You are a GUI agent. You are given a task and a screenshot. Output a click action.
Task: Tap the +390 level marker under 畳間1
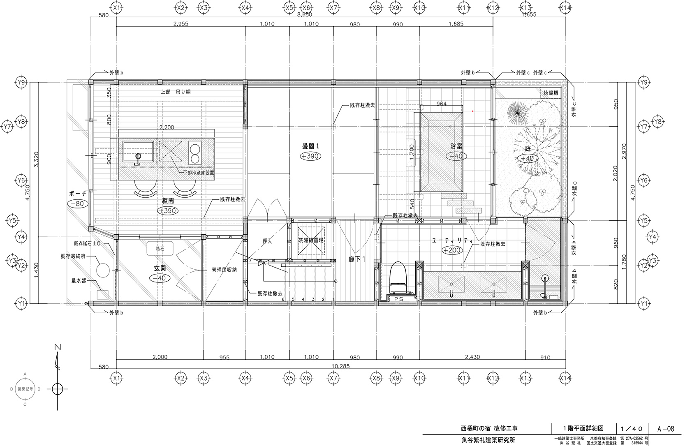311,156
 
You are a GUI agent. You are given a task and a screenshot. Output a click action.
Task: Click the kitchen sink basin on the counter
138,152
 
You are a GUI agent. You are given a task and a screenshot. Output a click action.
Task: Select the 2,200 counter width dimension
166,127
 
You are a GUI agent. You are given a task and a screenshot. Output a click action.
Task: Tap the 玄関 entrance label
160,267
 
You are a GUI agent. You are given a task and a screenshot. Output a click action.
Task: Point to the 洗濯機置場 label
311,241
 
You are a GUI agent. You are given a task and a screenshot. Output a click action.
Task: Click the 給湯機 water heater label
550,94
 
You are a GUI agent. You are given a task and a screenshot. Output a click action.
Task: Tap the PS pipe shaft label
398,299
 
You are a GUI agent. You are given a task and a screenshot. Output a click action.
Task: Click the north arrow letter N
58,348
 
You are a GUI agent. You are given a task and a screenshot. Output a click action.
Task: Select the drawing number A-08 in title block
666,429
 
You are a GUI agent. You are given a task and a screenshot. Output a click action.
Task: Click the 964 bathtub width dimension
441,104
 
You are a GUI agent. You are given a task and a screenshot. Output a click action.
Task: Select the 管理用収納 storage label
224,270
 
